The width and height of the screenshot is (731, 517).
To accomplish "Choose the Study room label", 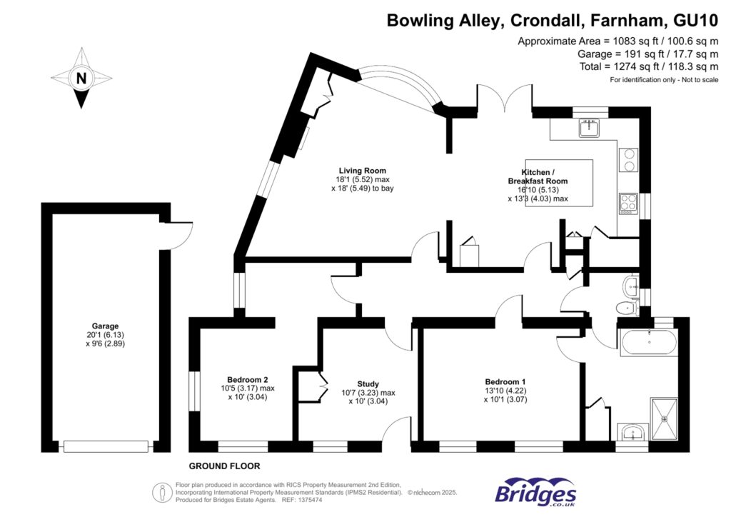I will [368, 383].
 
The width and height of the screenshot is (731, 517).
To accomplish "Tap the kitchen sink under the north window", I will [590, 129].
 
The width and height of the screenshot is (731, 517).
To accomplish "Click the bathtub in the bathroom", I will [649, 343].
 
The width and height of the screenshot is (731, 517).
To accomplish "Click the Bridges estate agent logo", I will [535, 492].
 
